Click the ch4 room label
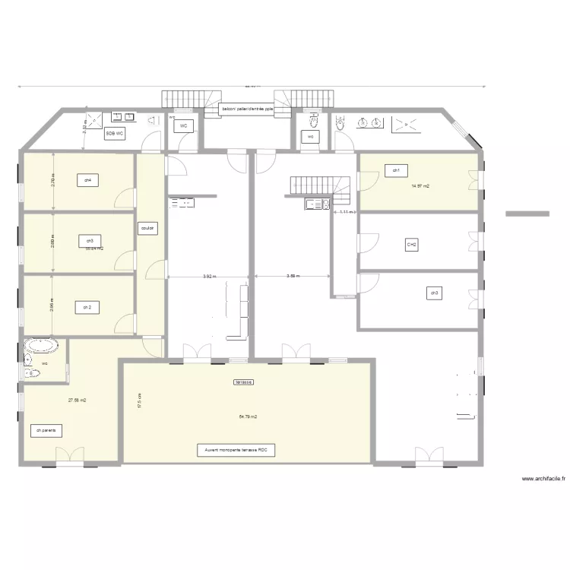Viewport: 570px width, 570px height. tap(88, 180)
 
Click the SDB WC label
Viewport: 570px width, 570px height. tap(116, 133)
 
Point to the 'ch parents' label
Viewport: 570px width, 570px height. tap(46, 430)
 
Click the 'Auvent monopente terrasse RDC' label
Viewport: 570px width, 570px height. tap(236, 451)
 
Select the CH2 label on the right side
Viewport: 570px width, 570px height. tap(411, 245)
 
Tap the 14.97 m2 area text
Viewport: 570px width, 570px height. tap(420, 185)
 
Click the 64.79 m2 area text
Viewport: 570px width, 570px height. tap(248, 416)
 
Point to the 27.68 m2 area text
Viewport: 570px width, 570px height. tap(77, 400)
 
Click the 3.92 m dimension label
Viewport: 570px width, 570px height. tap(208, 277)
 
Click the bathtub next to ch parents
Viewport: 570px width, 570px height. tap(41, 347)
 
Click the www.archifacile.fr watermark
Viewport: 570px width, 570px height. tap(543, 480)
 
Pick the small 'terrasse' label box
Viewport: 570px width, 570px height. tap(244, 382)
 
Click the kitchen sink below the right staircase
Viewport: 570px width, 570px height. tap(316, 204)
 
